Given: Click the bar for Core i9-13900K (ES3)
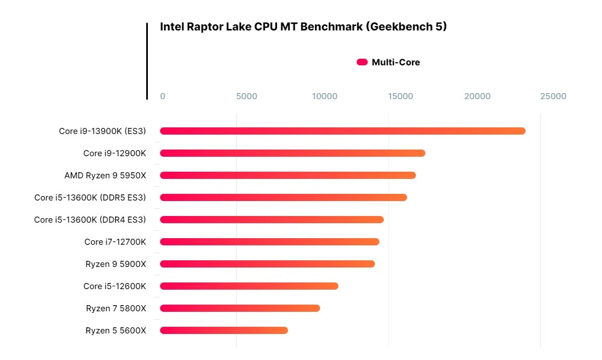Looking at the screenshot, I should point(342,131).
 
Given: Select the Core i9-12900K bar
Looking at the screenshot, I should point(292,153).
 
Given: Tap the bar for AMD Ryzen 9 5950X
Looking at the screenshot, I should point(287,176).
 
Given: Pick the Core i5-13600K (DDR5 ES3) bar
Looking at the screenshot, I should point(283,198).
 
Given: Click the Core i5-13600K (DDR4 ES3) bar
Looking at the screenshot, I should point(271,220).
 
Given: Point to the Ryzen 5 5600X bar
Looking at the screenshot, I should point(224,331).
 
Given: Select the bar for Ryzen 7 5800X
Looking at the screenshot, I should point(240,308).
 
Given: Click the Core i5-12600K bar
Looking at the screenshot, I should point(249,286).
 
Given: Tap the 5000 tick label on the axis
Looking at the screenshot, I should point(246,96).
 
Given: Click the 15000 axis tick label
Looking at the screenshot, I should point(400,96).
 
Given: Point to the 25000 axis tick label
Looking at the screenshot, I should point(553,96).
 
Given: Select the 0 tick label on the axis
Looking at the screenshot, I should point(162,96).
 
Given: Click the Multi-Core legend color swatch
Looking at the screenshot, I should point(362,63).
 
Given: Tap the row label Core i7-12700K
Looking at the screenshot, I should point(115,242).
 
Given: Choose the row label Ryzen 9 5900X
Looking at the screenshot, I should point(116,264).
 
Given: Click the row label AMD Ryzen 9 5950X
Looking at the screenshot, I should point(105,176).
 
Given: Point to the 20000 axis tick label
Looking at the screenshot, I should point(477,96).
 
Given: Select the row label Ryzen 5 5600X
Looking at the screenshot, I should point(116,331).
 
